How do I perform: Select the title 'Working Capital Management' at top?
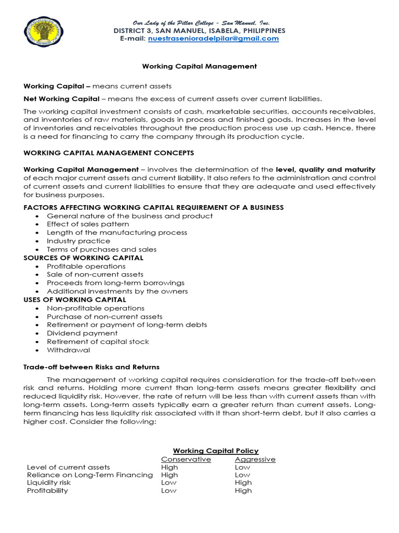tap(199, 66)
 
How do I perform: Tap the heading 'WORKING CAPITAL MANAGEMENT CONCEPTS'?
tap(109, 153)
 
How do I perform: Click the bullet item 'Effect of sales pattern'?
tap(88, 224)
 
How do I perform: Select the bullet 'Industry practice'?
tap(78, 241)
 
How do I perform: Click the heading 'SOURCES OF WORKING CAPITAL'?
tap(84, 258)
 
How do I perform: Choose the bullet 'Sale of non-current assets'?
tap(95, 274)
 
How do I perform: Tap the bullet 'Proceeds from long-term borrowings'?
tap(115, 283)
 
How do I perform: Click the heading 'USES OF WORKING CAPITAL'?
tap(75, 299)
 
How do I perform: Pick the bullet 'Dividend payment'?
tap(82, 333)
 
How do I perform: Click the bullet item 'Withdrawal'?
tap(68, 350)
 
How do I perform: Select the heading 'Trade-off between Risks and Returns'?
tap(91, 367)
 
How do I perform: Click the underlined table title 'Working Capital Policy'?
tap(216, 451)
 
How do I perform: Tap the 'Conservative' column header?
tap(186, 459)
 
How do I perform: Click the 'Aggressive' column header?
tap(255, 459)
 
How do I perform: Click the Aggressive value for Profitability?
tap(243, 490)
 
